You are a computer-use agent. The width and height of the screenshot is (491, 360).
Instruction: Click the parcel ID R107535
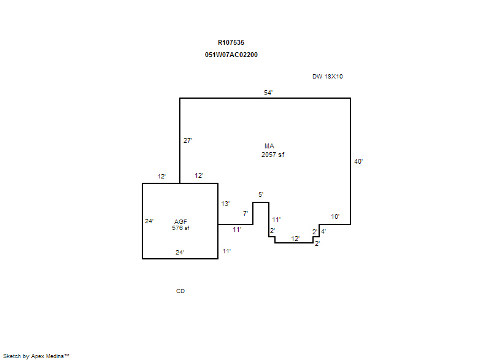click(x=231, y=42)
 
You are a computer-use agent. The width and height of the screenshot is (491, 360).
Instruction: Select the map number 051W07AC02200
click(x=231, y=55)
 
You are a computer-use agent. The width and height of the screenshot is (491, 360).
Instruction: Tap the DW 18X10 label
click(x=328, y=76)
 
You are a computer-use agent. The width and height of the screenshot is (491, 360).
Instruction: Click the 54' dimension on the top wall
click(x=268, y=93)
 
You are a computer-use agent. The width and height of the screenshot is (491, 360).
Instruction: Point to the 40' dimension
click(x=358, y=161)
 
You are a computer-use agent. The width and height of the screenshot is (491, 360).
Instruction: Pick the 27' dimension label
click(x=188, y=140)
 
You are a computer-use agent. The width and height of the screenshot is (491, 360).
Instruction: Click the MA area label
click(x=269, y=146)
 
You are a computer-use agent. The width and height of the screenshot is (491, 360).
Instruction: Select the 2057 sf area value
click(x=273, y=155)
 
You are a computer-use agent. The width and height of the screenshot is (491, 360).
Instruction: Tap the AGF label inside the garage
click(x=180, y=221)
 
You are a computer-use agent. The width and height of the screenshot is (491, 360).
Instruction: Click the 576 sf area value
click(x=180, y=228)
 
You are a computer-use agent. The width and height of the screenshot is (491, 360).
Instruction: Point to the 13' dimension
click(x=225, y=204)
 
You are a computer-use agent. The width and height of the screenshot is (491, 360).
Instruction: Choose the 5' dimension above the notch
click(x=261, y=194)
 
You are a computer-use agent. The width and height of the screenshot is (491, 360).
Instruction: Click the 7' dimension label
click(x=245, y=213)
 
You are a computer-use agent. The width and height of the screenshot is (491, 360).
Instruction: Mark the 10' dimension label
click(x=335, y=216)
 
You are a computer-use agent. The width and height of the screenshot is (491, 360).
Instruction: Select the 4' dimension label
click(x=324, y=231)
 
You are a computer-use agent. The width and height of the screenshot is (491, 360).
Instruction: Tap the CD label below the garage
click(x=180, y=291)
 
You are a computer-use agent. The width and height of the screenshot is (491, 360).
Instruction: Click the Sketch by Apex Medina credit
click(x=36, y=356)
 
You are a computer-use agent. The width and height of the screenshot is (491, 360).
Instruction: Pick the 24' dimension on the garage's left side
click(x=149, y=221)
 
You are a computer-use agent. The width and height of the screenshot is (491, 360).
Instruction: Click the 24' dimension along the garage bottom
click(x=180, y=253)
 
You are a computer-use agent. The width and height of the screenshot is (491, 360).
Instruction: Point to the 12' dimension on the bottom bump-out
click(x=295, y=239)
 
